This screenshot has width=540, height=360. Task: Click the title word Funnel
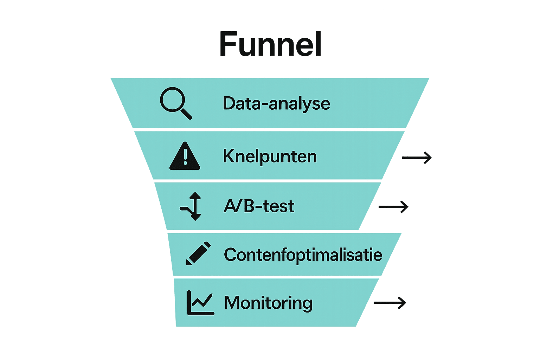click(270, 44)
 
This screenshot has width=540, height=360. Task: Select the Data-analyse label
click(276, 104)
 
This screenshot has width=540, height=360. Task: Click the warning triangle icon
click(185, 157)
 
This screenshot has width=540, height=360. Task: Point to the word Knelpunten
click(270, 156)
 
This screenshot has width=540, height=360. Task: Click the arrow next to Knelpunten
click(417, 158)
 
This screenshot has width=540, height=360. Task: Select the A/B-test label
click(259, 206)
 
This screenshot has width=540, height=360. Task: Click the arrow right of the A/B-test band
click(393, 207)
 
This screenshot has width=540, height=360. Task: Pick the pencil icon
click(198, 253)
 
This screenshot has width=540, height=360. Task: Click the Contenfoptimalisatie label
click(303, 255)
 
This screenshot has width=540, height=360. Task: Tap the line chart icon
click(200, 303)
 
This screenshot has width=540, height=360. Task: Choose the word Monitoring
click(268, 303)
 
